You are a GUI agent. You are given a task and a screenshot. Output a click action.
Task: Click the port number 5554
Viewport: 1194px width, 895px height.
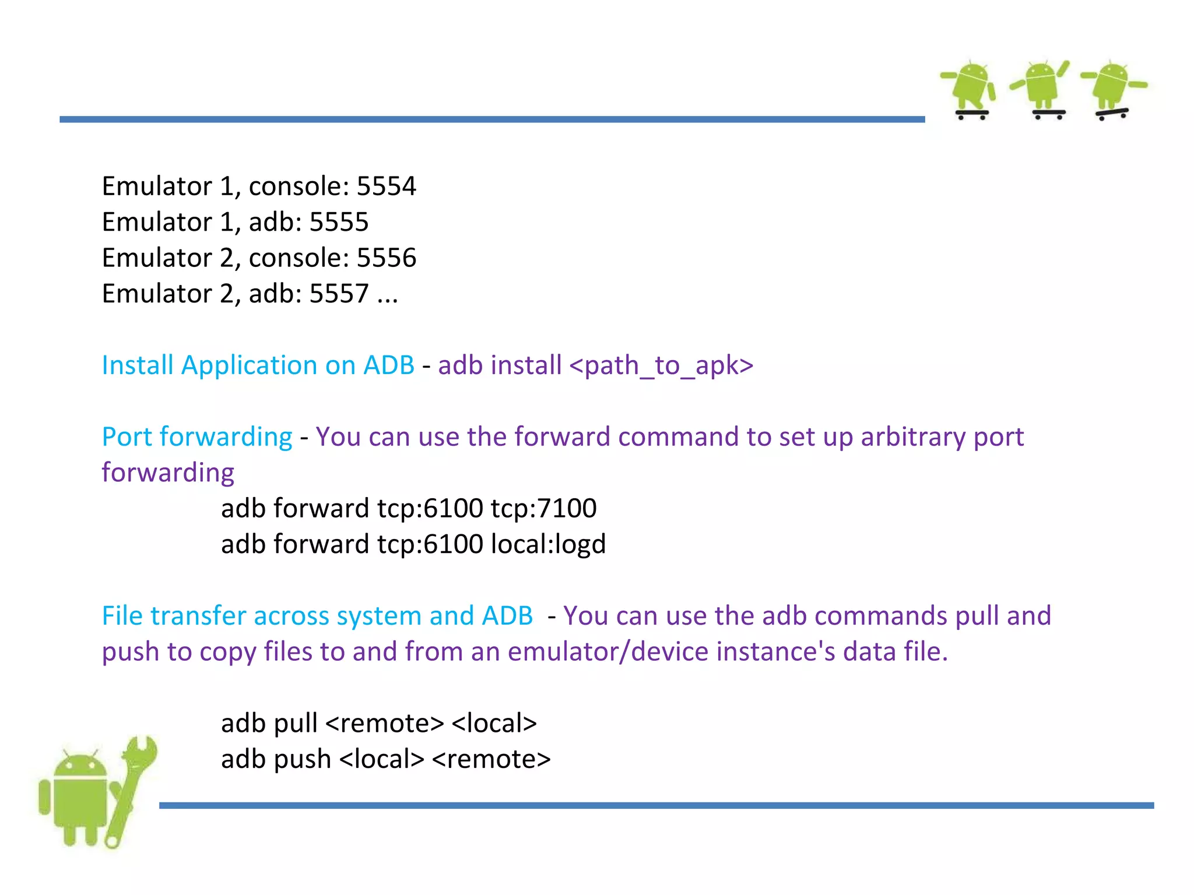click(x=386, y=186)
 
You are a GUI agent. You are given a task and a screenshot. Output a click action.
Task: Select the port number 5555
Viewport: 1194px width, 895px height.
click(x=339, y=222)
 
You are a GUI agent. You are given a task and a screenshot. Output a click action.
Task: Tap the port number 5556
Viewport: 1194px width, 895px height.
click(x=386, y=258)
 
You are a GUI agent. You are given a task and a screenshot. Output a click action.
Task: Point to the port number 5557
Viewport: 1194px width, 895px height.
click(x=339, y=294)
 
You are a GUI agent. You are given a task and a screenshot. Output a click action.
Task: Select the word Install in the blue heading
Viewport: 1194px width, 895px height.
click(x=138, y=365)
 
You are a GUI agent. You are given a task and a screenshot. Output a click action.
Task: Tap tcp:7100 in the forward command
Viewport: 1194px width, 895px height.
click(x=543, y=508)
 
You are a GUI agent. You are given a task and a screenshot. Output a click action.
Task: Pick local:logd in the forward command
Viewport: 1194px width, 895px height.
click(x=548, y=544)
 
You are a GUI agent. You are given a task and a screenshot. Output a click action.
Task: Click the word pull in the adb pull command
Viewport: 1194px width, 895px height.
click(x=296, y=723)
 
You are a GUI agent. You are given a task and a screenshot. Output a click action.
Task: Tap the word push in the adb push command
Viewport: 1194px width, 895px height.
click(x=302, y=759)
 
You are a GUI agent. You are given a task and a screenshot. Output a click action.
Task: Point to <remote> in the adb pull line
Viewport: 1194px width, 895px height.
click(x=385, y=723)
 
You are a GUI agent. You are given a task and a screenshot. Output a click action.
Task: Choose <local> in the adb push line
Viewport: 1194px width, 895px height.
click(x=381, y=759)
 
